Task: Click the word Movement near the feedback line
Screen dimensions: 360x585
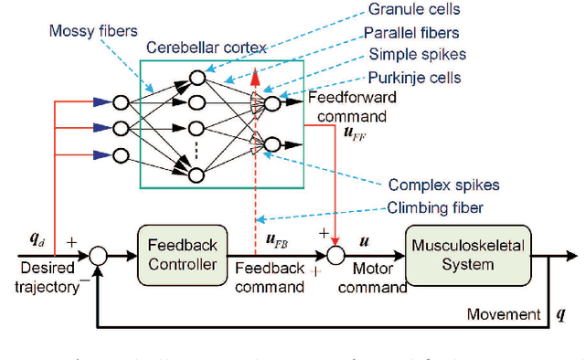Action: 504,314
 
